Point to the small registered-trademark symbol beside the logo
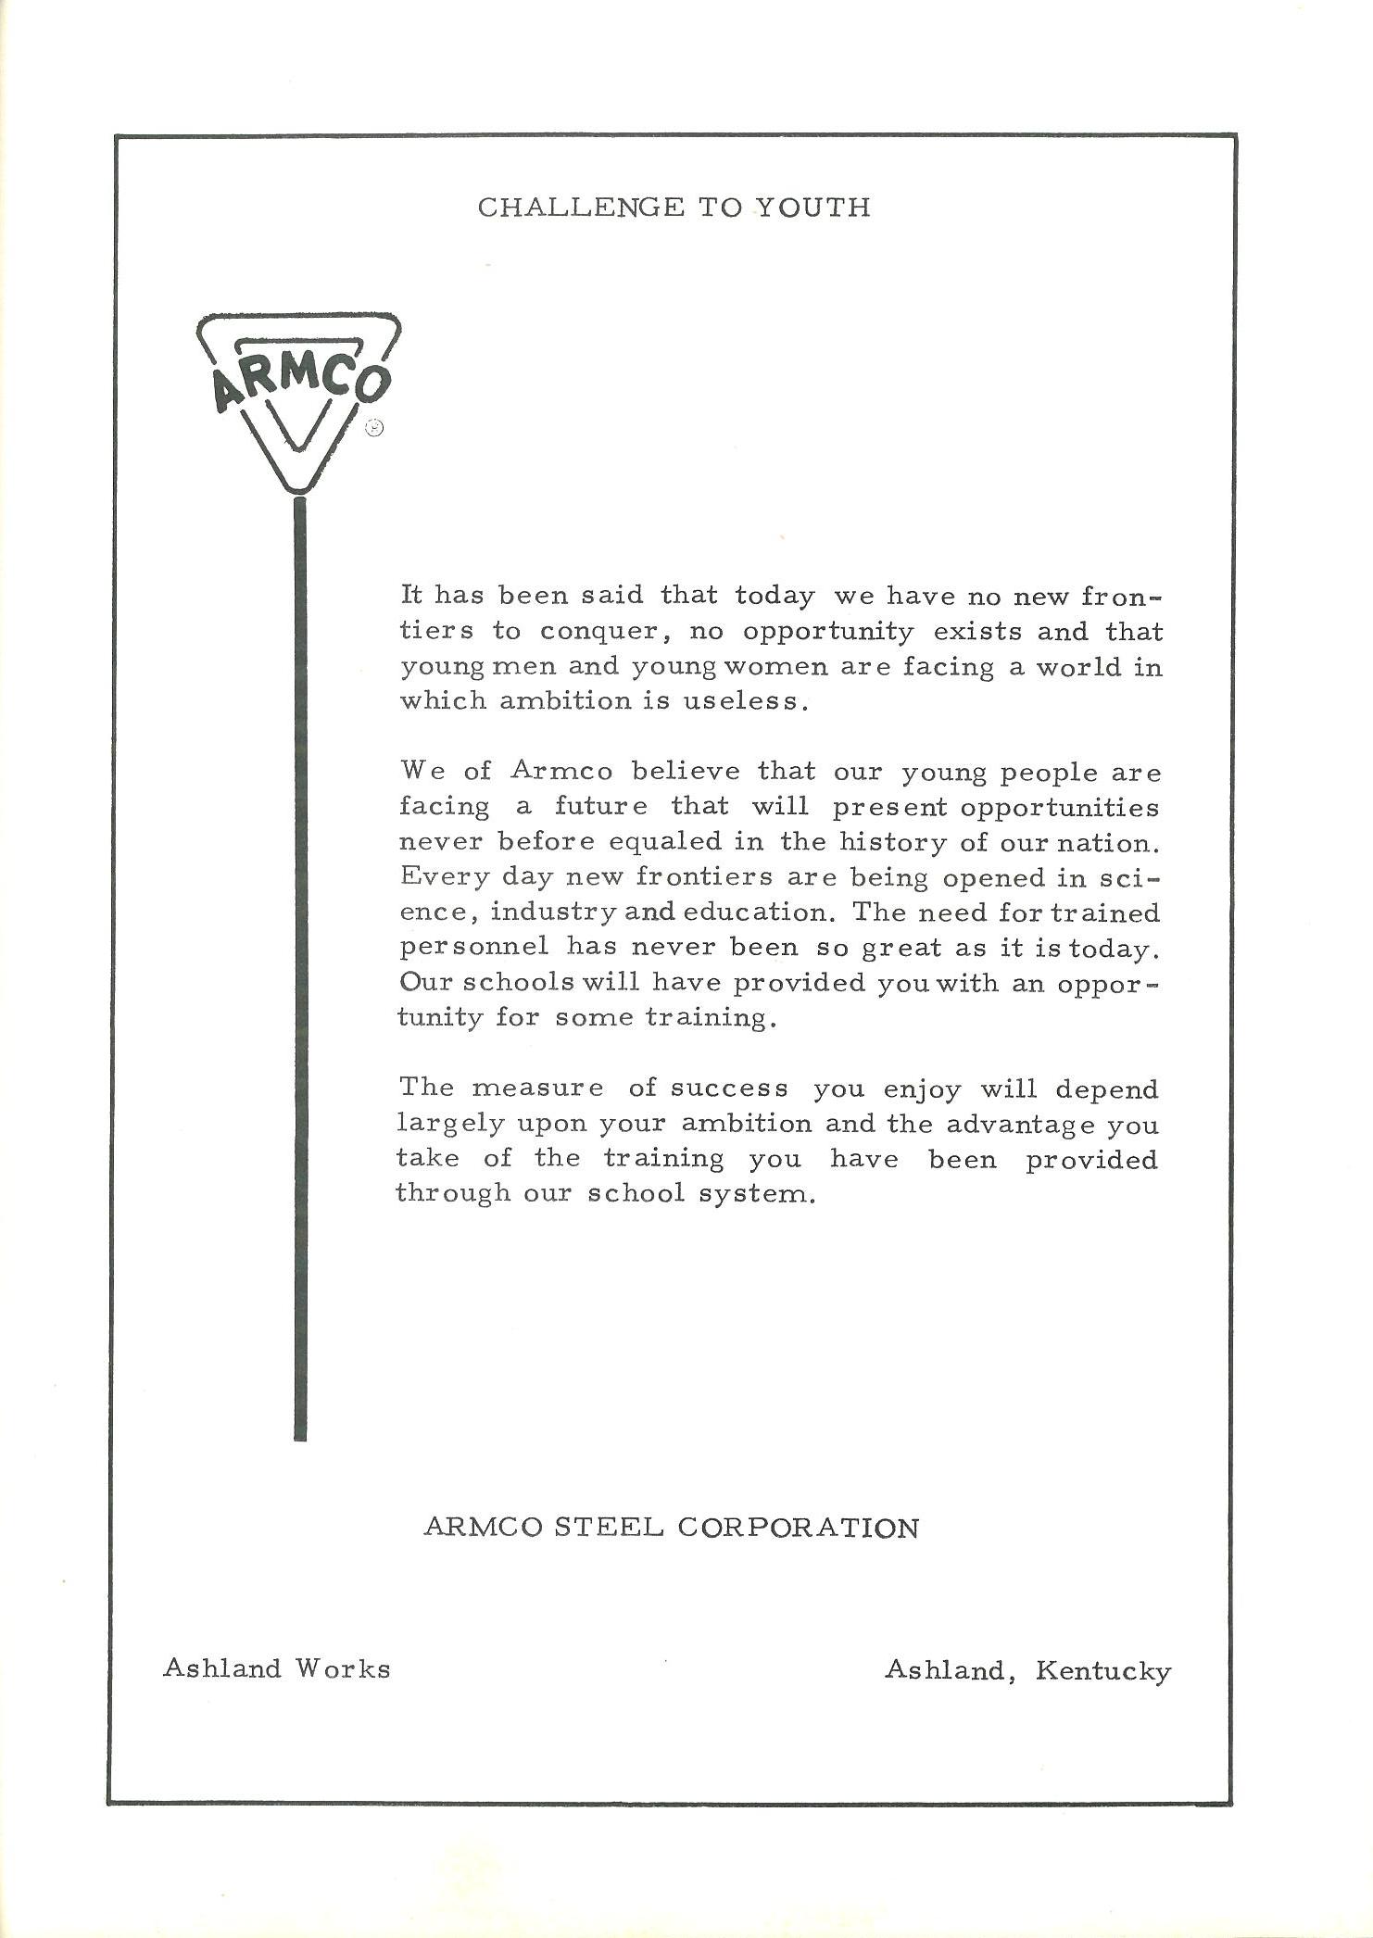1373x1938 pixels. tap(373, 427)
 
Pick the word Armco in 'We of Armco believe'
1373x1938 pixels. tap(561, 772)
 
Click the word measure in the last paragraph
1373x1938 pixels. tap(537, 1089)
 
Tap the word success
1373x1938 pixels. tap(730, 1089)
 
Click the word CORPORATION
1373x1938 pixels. tap(798, 1528)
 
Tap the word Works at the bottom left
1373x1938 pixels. tap(343, 1669)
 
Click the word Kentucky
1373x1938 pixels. tap(1103, 1671)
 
